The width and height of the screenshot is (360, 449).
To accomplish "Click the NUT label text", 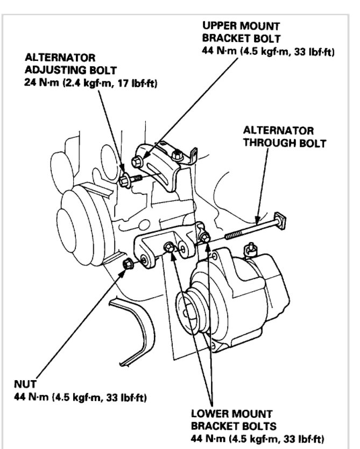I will coord(25,385).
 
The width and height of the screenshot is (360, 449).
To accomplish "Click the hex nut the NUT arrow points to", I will coord(129,263).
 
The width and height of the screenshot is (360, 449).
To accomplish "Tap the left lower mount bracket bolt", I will coord(168,248).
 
